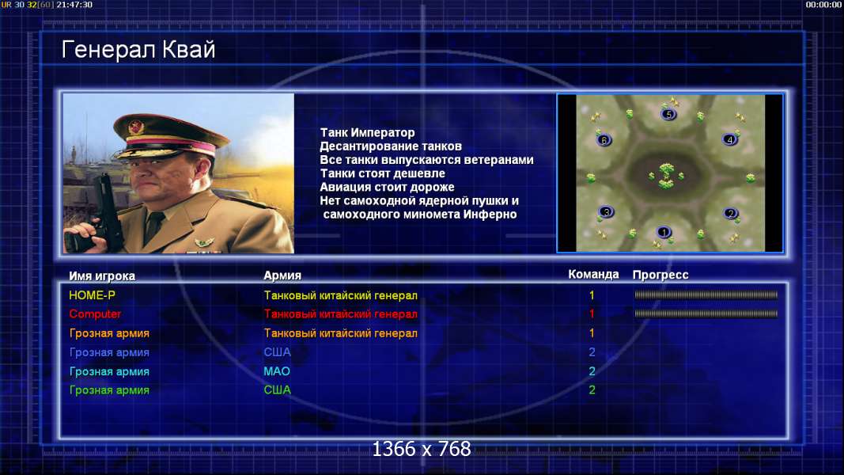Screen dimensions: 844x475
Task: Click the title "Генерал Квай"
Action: [138, 50]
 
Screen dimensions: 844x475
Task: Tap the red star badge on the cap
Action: [136, 127]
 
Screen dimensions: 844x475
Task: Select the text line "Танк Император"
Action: [367, 132]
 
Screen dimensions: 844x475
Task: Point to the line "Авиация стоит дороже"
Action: [387, 187]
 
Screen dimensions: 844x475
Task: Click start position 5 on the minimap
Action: [668, 114]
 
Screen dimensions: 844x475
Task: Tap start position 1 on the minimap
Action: [664, 232]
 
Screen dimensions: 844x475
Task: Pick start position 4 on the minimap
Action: [730, 139]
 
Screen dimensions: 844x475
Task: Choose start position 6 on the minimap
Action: [604, 140]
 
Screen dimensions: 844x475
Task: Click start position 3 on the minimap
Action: [606, 211]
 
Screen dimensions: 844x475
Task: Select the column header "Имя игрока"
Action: [102, 275]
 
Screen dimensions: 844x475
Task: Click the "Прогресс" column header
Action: [660, 275]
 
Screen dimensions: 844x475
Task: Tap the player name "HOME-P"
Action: [92, 295]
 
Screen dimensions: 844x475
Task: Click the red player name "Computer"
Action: [95, 314]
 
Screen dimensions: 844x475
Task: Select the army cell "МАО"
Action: [277, 371]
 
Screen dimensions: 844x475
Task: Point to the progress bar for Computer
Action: [706, 313]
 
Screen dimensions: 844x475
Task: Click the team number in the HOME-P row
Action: [592, 295]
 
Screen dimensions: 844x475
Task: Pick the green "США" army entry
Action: [277, 390]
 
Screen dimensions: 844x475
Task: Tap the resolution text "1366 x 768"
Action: [422, 449]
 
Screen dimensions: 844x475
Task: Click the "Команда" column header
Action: [593, 274]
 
